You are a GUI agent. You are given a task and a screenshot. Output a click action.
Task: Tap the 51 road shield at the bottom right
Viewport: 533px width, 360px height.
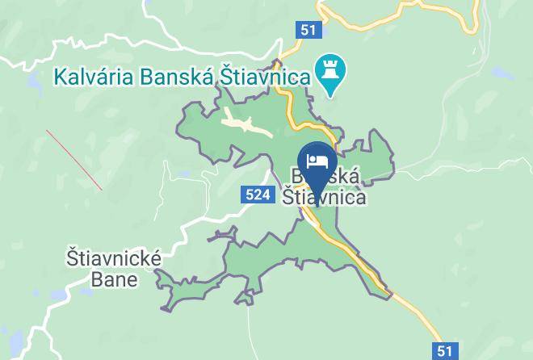tap(445, 350)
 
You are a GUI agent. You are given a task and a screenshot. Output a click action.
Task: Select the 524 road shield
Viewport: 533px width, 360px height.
tap(255, 195)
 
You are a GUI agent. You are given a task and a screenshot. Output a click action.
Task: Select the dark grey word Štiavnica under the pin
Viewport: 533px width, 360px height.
tap(324, 196)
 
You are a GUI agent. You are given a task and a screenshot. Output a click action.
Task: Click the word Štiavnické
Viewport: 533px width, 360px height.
tap(114, 260)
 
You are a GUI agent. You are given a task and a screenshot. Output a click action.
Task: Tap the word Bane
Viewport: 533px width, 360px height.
tap(114, 280)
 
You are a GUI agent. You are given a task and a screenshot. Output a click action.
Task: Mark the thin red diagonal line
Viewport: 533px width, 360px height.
tap(73, 160)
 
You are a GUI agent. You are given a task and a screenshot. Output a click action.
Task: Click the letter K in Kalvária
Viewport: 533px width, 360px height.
tap(60, 78)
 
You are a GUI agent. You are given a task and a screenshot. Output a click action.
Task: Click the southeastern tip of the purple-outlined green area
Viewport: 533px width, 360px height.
tap(391, 295)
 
